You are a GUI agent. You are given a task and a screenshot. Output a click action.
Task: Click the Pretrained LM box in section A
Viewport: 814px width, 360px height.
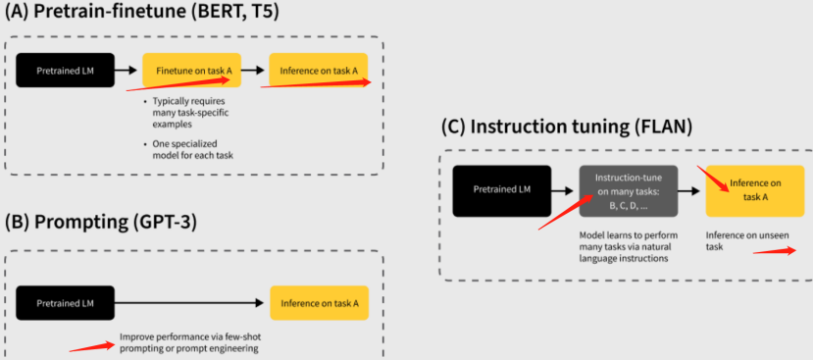[65, 70]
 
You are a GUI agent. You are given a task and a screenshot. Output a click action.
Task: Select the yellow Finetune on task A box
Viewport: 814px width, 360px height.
[192, 70]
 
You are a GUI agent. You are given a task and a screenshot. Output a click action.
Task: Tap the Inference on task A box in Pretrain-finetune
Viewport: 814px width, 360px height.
[320, 70]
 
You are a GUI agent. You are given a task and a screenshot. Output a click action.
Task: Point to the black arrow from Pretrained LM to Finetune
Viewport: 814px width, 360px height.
[127, 70]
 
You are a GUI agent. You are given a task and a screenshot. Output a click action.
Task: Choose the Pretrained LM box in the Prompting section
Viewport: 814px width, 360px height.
[65, 303]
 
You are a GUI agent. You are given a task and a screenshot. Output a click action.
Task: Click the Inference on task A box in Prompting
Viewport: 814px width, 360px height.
[320, 303]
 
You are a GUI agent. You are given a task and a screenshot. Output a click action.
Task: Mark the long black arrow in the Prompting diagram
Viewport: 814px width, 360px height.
[191, 303]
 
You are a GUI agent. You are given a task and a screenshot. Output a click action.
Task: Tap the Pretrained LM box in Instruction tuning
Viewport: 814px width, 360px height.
[502, 190]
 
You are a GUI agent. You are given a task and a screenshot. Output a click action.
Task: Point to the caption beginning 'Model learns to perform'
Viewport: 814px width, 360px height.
[628, 247]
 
